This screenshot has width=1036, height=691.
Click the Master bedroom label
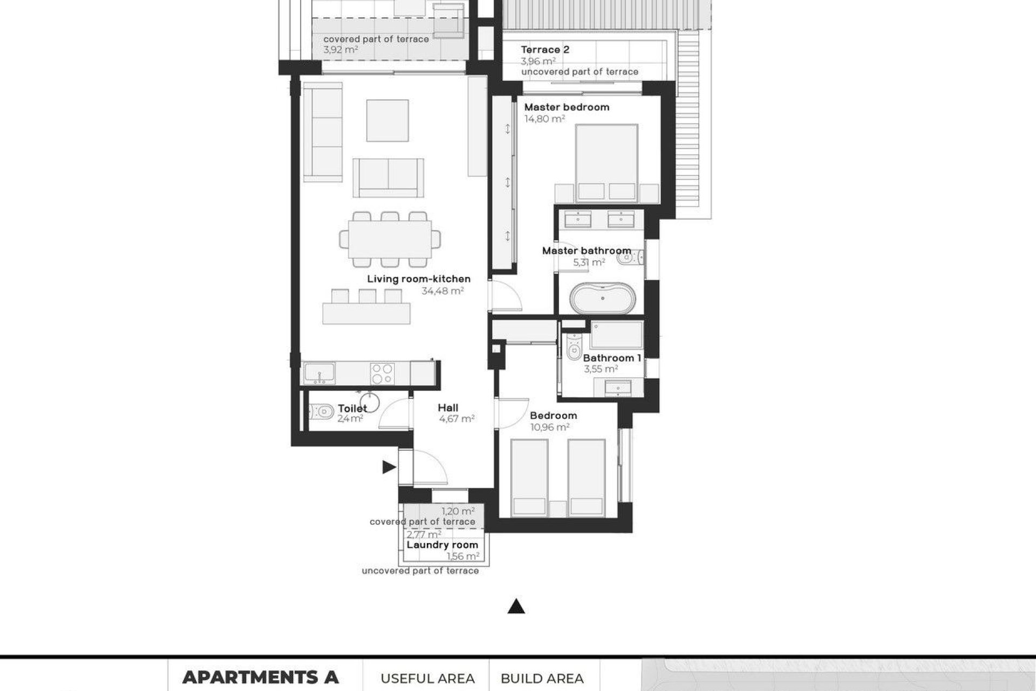click(567, 107)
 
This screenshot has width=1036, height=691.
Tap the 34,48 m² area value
click(442, 291)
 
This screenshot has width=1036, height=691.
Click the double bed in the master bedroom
click(606, 162)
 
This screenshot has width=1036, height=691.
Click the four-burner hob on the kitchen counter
click(382, 374)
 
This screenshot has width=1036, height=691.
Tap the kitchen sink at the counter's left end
click(319, 374)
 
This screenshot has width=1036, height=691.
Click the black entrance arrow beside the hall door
click(388, 468)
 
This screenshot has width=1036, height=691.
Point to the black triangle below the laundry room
click(516, 607)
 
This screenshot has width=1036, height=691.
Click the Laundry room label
click(442, 545)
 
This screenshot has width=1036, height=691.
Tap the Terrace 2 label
click(545, 50)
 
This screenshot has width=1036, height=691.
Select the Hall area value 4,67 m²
click(456, 419)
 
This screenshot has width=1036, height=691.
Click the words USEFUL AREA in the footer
click(427, 679)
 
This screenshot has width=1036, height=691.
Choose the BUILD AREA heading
click(542, 679)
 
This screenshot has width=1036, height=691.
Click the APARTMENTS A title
click(260, 677)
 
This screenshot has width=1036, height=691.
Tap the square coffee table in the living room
click(387, 120)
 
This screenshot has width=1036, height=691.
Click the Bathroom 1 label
click(612, 358)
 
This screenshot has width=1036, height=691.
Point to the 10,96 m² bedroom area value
click(550, 428)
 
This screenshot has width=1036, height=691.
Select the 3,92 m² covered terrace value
click(341, 50)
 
